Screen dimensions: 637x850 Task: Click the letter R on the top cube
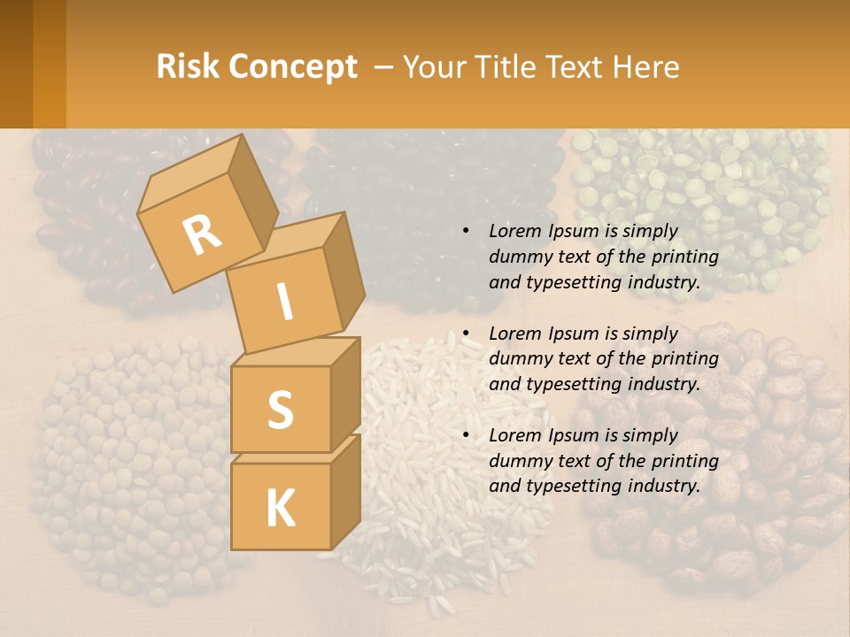(202, 235)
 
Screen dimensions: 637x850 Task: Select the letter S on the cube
(280, 411)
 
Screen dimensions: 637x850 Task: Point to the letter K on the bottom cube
(280, 509)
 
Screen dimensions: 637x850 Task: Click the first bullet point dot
(466, 231)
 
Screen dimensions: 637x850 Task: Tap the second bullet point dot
(466, 334)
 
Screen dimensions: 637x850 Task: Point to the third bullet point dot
(466, 435)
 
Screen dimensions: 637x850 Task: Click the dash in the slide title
(384, 66)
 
